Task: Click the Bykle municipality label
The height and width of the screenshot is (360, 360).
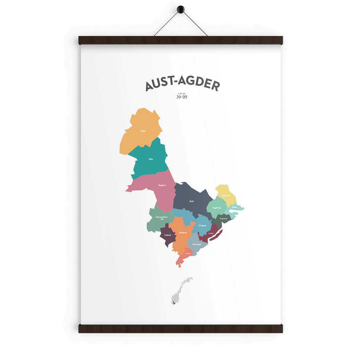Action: point(143,131)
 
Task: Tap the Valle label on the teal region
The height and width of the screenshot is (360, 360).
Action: point(151,159)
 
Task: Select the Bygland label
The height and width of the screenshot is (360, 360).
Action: point(162,185)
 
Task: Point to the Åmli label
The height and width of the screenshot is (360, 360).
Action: point(191,201)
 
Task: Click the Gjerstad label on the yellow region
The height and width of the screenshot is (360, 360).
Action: point(226,196)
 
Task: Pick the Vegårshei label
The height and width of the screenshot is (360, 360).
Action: point(217,208)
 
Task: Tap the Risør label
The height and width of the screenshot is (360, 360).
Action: point(234,207)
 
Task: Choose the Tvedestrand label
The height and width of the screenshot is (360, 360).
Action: point(223,219)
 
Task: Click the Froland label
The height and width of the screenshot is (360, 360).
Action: point(202,225)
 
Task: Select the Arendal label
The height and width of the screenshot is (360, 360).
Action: point(211,233)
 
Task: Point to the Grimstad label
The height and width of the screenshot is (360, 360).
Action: point(197,244)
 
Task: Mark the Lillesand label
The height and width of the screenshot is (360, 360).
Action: point(188,253)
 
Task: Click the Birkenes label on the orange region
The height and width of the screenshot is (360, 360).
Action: point(183,233)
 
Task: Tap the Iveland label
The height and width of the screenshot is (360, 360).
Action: point(168,235)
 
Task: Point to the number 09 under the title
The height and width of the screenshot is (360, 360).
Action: point(184,97)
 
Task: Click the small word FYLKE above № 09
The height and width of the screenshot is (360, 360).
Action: point(182,94)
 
